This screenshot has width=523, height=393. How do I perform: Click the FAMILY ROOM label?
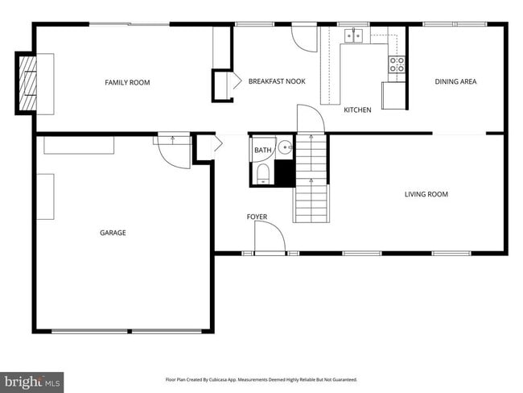127,82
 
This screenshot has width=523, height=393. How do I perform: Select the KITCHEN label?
357,110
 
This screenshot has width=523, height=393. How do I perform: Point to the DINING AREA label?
456,81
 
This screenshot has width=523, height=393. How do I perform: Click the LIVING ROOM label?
426,194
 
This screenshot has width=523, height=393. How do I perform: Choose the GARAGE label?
113,233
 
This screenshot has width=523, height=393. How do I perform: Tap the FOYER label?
257,217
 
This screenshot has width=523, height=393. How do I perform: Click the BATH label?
263,151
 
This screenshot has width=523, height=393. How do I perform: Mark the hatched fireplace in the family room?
28,82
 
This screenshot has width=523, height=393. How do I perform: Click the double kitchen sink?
352,35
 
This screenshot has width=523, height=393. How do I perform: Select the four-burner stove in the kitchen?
397,64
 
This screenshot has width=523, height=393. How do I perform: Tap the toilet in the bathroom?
263,175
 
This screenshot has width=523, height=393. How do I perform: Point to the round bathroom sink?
284,147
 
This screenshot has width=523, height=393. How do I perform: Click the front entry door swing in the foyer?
270,238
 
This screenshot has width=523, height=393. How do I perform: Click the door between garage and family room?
172,150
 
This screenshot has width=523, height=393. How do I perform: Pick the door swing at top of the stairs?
311,120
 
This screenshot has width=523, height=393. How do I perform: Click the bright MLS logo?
32,380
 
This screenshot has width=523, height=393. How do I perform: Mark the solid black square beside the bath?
283,173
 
